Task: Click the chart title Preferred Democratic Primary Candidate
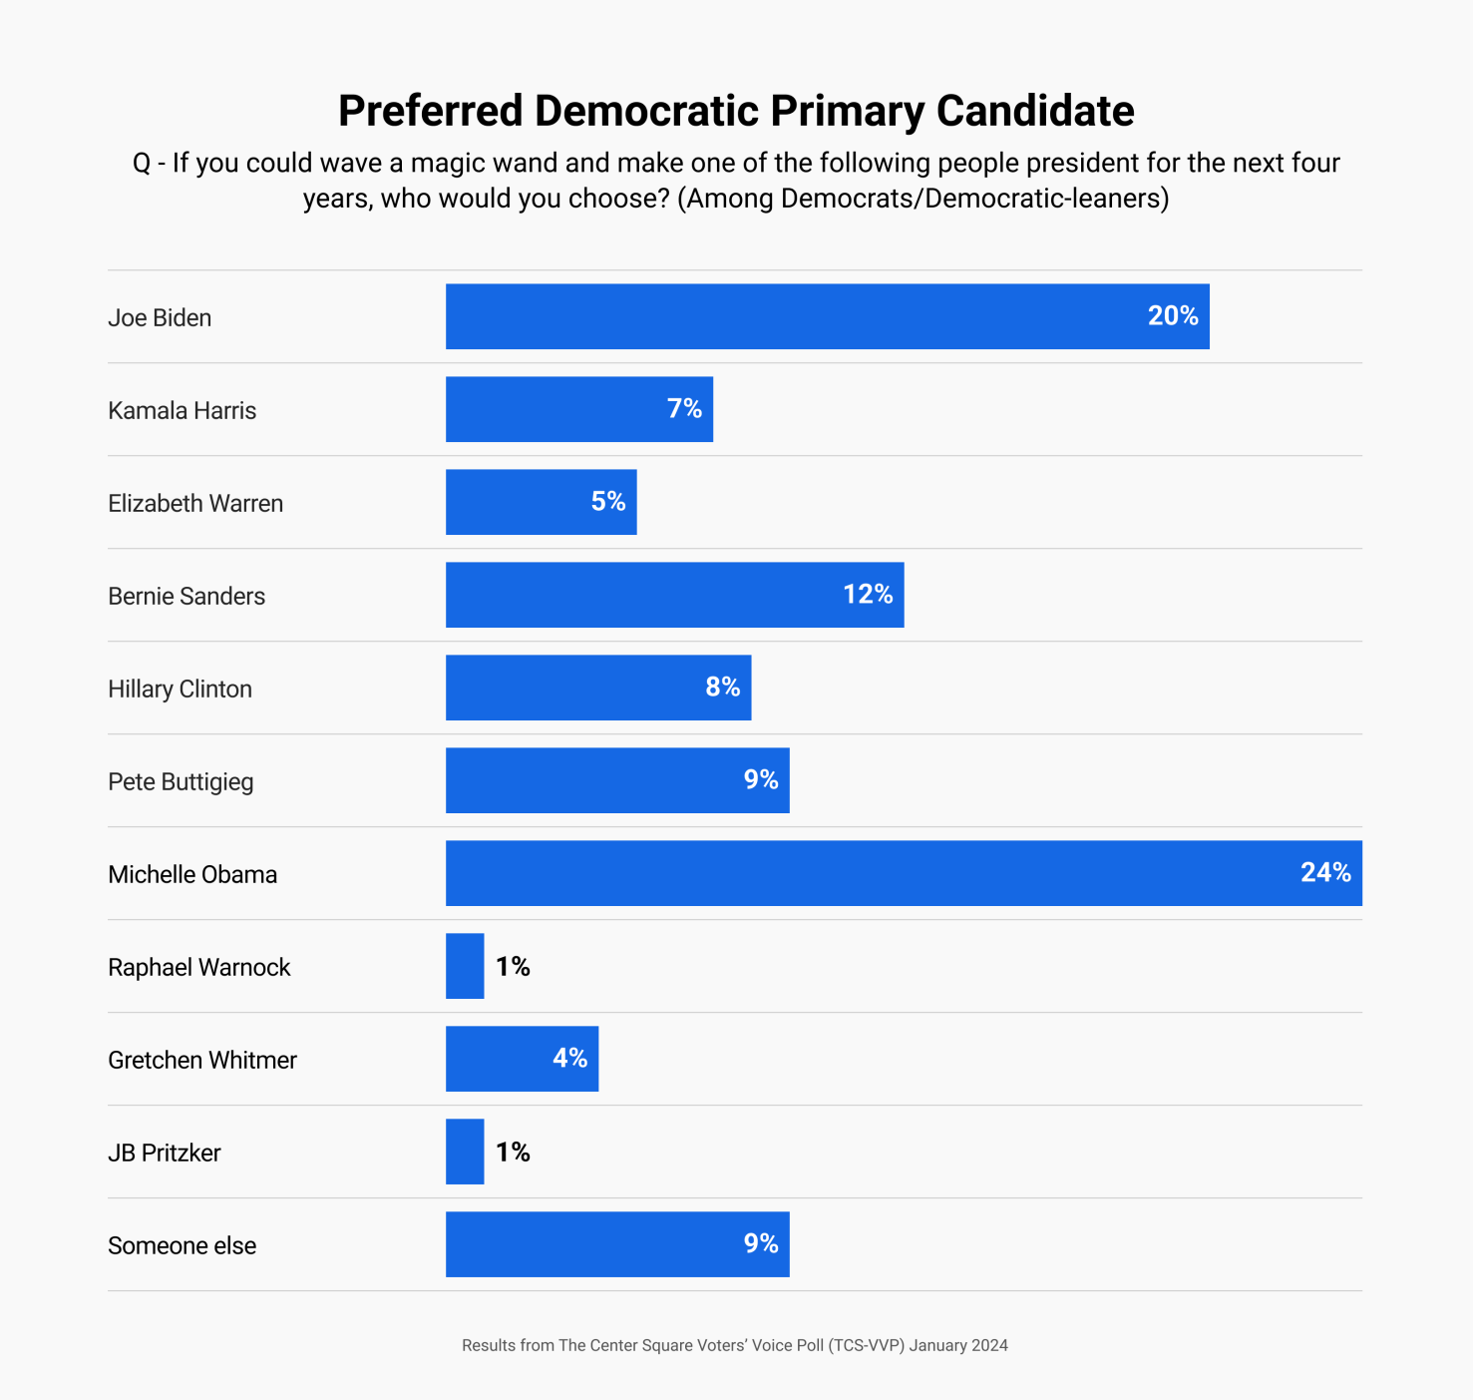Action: [x=736, y=111]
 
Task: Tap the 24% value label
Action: [x=1325, y=873]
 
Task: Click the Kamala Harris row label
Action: [x=182, y=410]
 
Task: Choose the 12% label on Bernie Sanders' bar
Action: [x=868, y=595]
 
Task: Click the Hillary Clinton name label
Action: [x=180, y=689]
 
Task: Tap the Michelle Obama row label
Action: [x=192, y=874]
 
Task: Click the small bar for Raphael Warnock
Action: [x=465, y=966]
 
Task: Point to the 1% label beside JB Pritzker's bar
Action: [x=513, y=1152]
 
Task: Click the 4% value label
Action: [x=569, y=1059]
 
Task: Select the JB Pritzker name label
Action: [x=164, y=1153]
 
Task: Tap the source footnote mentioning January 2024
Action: [x=735, y=1345]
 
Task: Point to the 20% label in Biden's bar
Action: [x=1173, y=316]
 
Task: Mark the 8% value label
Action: [x=722, y=688]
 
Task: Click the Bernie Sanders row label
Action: [x=186, y=596]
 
